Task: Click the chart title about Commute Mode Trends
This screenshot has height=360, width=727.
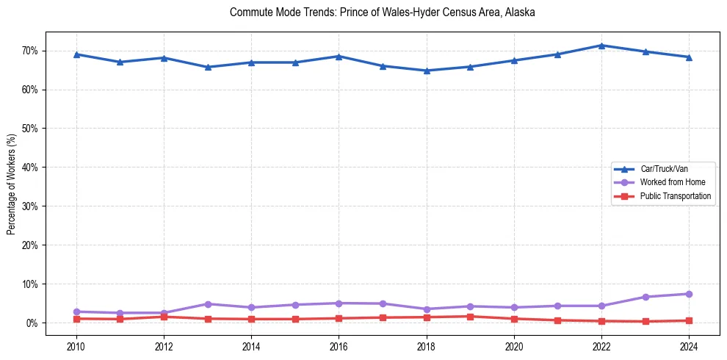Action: click(382, 12)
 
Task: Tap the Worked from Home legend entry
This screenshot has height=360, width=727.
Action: click(672, 182)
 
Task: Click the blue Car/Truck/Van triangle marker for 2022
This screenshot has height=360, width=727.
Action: click(601, 46)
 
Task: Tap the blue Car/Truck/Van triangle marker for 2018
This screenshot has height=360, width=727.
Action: click(427, 71)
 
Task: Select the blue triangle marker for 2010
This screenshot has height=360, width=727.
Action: click(76, 54)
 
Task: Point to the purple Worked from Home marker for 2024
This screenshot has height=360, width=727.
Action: click(689, 294)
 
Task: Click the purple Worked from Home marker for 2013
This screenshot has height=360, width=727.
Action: click(208, 304)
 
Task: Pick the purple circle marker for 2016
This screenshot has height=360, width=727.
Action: click(339, 303)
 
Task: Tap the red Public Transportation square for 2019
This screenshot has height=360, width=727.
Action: click(470, 317)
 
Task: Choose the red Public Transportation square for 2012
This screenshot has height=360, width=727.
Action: click(164, 317)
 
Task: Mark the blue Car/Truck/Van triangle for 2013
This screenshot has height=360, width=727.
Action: click(208, 67)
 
